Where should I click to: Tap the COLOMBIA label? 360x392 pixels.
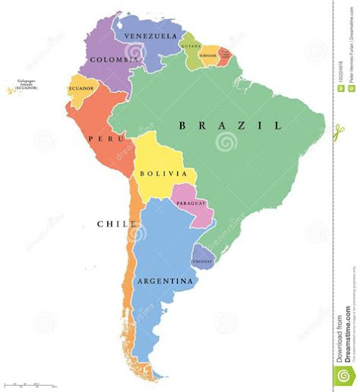tap(113, 59)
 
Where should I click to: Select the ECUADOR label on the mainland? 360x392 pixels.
tap(82, 88)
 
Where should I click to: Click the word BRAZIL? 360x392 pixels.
tap(229, 125)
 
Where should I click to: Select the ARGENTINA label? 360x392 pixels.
tap(165, 281)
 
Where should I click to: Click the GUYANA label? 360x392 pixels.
tap(191, 46)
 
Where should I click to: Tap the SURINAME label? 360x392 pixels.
tap(208, 55)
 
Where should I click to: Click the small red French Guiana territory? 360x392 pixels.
tap(225, 54)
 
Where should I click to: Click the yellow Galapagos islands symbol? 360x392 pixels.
tap(11, 91)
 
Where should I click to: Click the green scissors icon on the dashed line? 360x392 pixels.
tap(339, 132)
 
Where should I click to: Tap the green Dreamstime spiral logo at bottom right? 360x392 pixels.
tap(345, 375)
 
